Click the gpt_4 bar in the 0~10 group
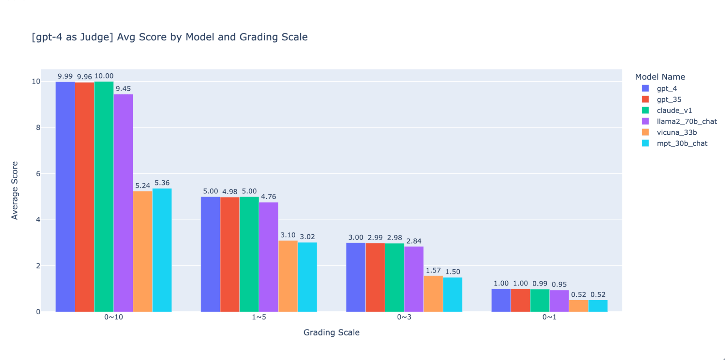click(65, 196)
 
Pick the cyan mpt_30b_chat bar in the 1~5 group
click(307, 277)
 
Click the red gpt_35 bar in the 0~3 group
click(375, 277)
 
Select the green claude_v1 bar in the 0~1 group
click(540, 300)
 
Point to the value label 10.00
click(104, 76)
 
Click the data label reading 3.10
click(288, 235)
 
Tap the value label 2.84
click(414, 241)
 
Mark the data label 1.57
click(433, 270)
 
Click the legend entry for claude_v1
click(674, 110)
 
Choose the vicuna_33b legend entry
click(676, 132)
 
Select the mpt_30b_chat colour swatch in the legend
click(646, 143)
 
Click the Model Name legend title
click(660, 77)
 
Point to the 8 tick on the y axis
click(38, 127)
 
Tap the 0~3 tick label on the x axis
click(404, 317)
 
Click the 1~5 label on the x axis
click(259, 317)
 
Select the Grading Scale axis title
click(331, 332)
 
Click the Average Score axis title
click(15, 191)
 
